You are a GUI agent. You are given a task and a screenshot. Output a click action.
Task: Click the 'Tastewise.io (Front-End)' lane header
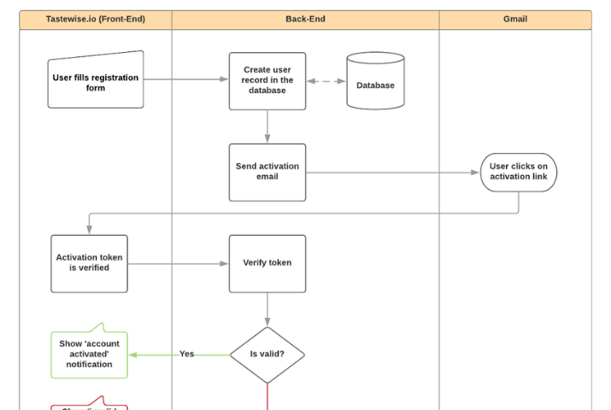[95, 19]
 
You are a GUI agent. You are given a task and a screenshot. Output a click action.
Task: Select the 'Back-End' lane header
[305, 19]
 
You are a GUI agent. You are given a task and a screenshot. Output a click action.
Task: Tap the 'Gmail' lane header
[515, 19]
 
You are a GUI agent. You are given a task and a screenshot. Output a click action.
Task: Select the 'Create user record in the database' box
[267, 80]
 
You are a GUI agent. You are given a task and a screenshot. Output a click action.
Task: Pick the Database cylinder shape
[375, 82]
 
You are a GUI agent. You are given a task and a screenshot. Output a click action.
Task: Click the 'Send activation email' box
[267, 172]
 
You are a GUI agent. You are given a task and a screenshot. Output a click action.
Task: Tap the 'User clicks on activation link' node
[518, 172]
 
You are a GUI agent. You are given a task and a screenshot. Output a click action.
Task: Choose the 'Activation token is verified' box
[89, 263]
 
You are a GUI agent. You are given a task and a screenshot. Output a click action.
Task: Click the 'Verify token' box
[267, 263]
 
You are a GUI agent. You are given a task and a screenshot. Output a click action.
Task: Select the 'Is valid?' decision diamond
[267, 354]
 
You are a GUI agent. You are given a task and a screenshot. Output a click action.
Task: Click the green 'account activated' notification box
[89, 354]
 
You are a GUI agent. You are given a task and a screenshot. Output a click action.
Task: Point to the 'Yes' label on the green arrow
[186, 354]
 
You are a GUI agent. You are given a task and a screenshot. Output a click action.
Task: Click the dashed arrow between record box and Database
[326, 81]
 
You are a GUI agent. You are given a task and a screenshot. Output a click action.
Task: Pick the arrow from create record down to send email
[267, 126]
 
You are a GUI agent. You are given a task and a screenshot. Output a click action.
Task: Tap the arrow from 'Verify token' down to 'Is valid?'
[267, 309]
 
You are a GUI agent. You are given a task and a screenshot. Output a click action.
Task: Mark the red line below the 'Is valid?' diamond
[267, 396]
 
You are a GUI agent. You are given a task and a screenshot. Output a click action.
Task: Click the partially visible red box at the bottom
[89, 406]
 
